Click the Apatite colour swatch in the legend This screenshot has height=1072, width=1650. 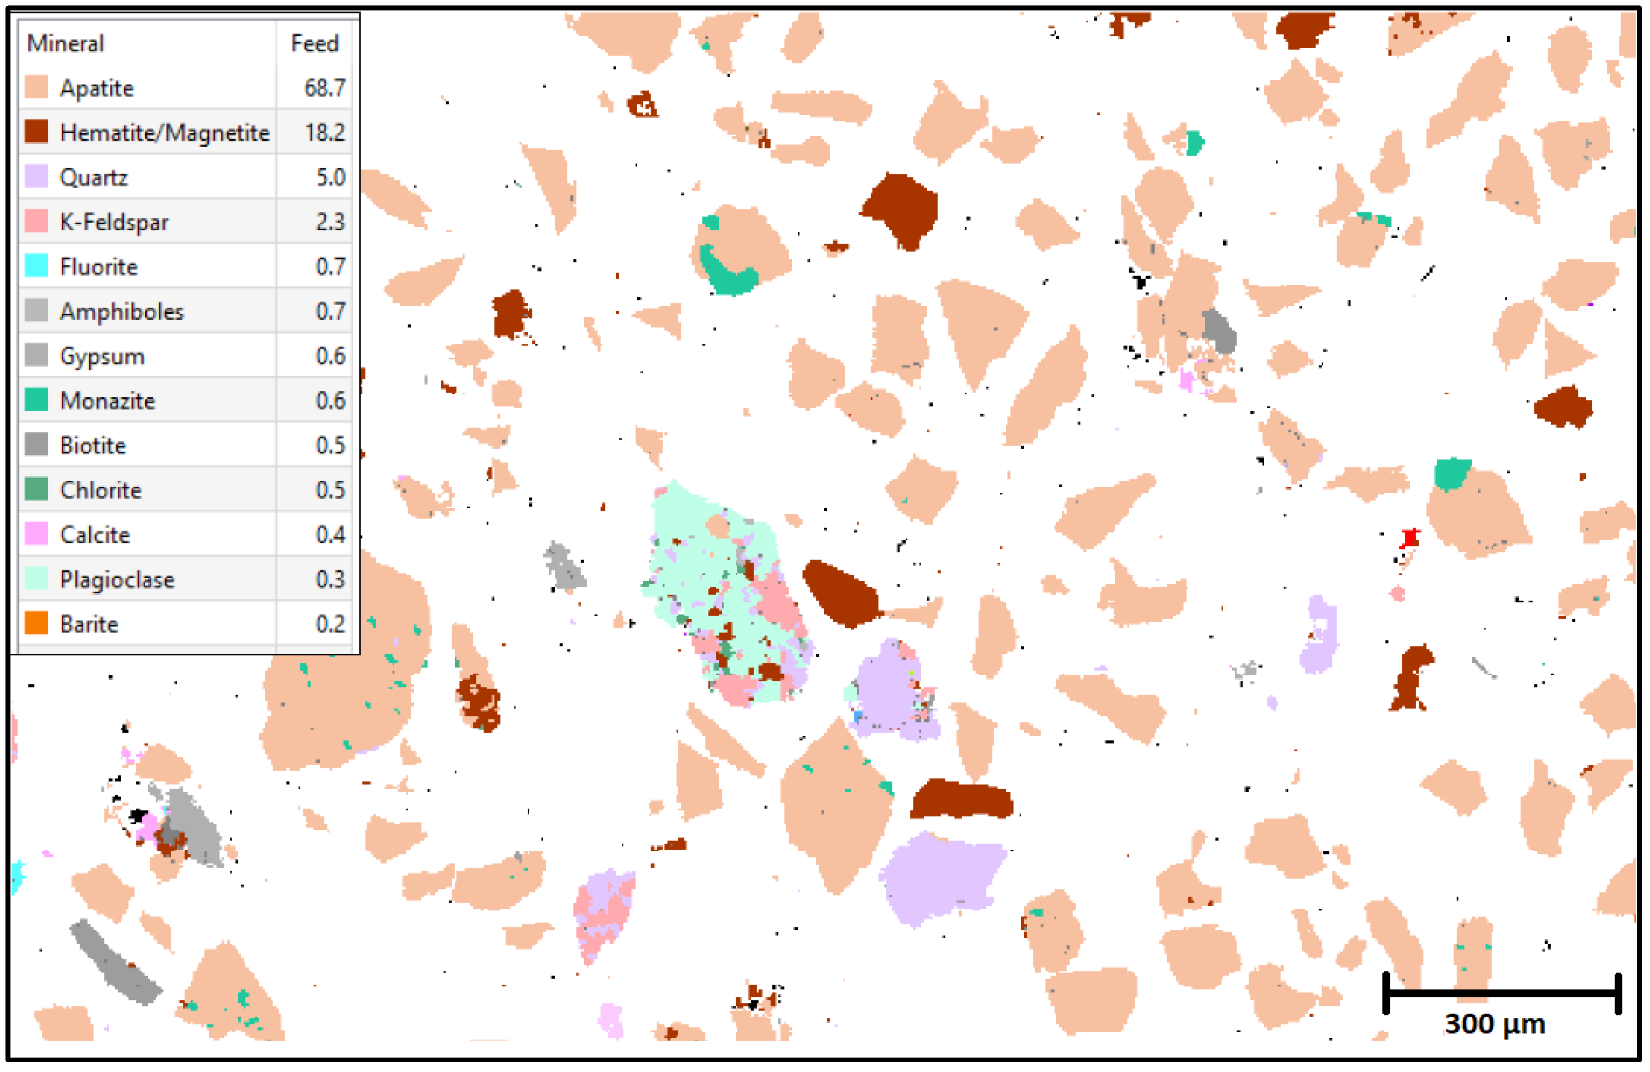(x=36, y=88)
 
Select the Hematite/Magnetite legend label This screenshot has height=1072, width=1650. (x=164, y=132)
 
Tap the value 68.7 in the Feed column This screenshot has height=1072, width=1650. (x=324, y=88)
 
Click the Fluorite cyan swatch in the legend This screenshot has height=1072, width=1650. (x=36, y=266)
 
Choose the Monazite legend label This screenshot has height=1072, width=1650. (x=107, y=401)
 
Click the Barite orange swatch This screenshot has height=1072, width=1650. (x=36, y=624)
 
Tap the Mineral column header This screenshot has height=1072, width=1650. (x=65, y=44)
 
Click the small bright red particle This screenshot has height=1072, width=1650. (x=1409, y=537)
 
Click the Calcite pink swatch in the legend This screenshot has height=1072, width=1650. (x=36, y=535)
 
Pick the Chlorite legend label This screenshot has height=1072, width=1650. (x=100, y=490)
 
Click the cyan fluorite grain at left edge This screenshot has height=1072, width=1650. (x=17, y=877)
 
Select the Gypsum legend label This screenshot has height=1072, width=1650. (x=102, y=356)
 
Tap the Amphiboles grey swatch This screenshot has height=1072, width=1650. (x=36, y=311)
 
